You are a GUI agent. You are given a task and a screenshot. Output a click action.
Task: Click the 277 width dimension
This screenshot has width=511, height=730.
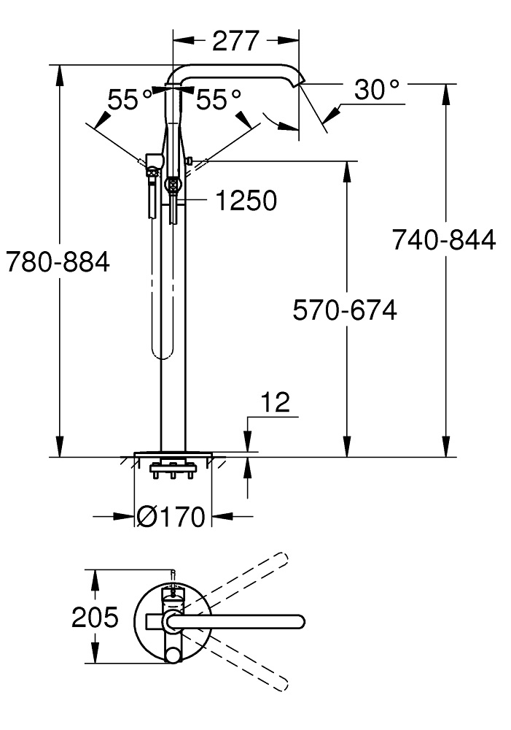(x=235, y=41)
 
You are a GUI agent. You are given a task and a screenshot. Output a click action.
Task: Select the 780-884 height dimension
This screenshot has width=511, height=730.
(x=58, y=261)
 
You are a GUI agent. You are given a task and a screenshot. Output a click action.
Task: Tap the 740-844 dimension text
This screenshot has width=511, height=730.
(x=444, y=240)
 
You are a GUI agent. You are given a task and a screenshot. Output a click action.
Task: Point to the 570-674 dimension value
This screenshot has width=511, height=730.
(x=345, y=310)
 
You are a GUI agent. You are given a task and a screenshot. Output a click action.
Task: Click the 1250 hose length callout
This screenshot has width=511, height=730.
(x=246, y=200)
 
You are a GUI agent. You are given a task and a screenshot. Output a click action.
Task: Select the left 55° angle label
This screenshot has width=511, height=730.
(x=130, y=99)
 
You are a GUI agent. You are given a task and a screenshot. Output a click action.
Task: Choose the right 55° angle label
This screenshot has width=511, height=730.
(x=219, y=99)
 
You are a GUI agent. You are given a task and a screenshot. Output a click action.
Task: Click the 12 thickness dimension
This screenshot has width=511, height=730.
(x=276, y=402)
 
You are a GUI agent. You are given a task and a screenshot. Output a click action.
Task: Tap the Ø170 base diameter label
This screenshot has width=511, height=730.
(x=171, y=516)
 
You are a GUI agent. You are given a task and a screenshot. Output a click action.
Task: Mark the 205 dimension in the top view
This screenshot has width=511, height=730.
(x=95, y=618)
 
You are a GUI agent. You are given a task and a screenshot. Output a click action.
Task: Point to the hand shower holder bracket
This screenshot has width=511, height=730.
(x=154, y=161)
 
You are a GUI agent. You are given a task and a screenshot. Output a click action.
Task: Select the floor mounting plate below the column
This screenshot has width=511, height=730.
(x=173, y=454)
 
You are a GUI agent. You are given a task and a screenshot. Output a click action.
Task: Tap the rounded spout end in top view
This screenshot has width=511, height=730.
(x=299, y=621)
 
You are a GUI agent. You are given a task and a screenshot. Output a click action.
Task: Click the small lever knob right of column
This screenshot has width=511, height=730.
(x=190, y=161)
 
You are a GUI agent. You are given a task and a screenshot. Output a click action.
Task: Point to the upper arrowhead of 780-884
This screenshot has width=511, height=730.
(x=60, y=75)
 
